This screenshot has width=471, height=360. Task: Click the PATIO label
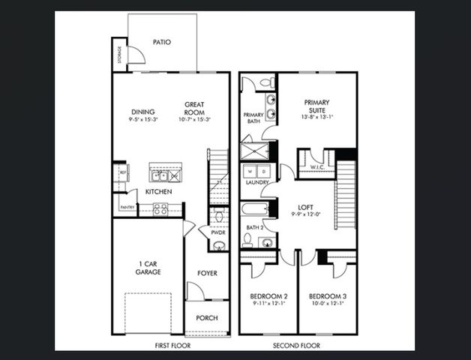point(162,42)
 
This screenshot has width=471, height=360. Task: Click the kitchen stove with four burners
point(160,209)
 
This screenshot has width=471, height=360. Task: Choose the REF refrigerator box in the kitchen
point(122,172)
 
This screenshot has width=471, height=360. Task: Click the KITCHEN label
point(159,192)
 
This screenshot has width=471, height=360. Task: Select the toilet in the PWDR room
point(217,217)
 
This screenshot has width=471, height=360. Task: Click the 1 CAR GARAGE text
point(148,268)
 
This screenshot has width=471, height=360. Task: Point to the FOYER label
point(207,273)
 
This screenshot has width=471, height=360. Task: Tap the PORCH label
point(207,318)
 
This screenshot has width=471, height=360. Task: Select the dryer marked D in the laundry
point(263,171)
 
